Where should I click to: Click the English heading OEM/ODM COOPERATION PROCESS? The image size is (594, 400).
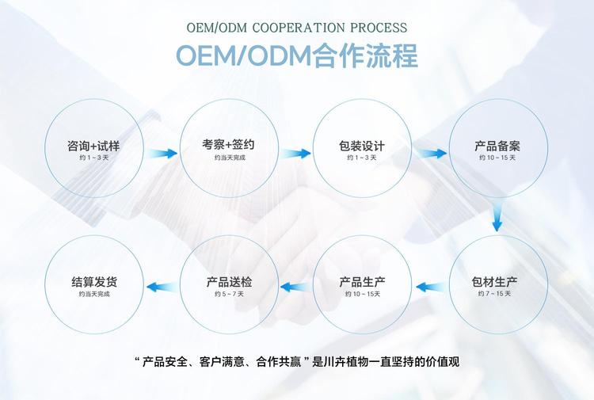297,28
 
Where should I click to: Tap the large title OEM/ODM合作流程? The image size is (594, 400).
297,55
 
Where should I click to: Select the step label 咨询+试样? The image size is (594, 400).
93,146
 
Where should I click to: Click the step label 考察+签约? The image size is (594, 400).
228,144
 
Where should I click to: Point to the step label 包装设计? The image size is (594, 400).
362,146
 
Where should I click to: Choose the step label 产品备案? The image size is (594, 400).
497,146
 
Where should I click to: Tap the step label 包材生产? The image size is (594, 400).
494,282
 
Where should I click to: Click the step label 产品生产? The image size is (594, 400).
362,282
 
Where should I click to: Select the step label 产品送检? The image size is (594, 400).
229,282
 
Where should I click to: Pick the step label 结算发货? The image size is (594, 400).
94,282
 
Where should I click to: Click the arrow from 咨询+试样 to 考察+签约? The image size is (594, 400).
162,154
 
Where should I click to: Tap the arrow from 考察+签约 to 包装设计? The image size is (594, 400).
296,154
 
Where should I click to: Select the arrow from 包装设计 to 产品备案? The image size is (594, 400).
431,154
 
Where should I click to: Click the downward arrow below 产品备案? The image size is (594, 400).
497,217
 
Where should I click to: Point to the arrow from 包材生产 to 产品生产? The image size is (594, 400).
431,287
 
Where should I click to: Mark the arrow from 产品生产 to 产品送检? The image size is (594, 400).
296,287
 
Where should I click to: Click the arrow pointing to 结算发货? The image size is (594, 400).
162,287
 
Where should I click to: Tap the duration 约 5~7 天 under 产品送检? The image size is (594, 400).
229,294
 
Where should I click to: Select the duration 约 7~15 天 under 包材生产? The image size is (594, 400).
494,294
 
